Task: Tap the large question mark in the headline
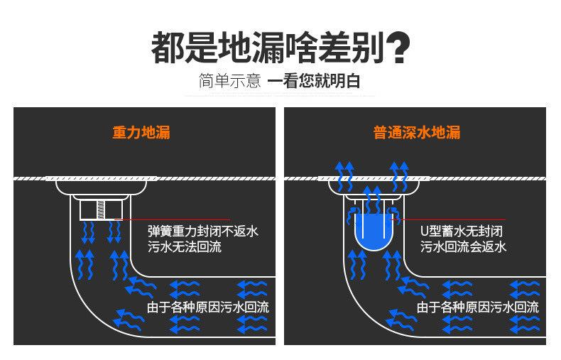pyautogui.click(x=400, y=48)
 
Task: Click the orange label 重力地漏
pyautogui.click(x=141, y=133)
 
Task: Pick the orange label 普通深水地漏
pyautogui.click(x=417, y=133)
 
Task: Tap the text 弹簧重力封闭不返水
pyautogui.click(x=202, y=231)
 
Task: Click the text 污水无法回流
pyautogui.click(x=184, y=247)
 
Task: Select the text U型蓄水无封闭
pyautogui.click(x=462, y=231)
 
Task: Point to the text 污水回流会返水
pyautogui.click(x=463, y=247)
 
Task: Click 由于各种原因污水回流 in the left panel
pyautogui.click(x=208, y=307)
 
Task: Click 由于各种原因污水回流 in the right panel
pyautogui.click(x=478, y=307)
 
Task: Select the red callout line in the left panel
pyautogui.click(x=178, y=219)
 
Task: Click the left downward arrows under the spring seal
pyautogui.click(x=89, y=231)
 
